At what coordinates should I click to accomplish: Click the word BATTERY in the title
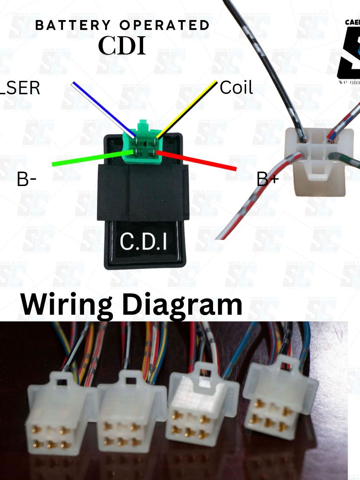coord(73,25)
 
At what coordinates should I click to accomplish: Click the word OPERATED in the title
coord(164,25)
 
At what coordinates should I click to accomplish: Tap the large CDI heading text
coord(122,46)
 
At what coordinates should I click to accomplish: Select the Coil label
coord(236,88)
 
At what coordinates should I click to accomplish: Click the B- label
coord(26,179)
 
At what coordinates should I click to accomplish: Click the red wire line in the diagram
coord(197,161)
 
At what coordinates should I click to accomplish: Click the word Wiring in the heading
coord(67,305)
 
